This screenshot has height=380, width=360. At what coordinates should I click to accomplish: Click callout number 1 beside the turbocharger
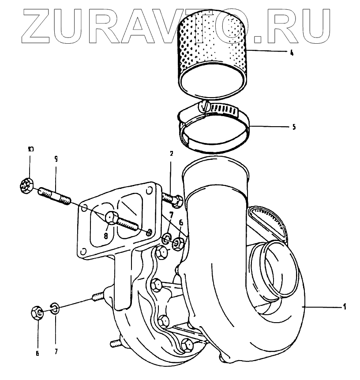(x=345, y=306)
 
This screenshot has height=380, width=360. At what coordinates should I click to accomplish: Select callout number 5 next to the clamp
(x=293, y=127)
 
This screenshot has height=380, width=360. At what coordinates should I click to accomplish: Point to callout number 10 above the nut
(x=30, y=150)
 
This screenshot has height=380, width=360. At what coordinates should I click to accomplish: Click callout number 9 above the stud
(x=56, y=158)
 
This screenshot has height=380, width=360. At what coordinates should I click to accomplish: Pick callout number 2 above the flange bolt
(x=171, y=154)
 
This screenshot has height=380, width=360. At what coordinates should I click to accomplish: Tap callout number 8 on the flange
(x=106, y=236)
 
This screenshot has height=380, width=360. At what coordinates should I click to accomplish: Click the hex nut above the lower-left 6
(x=38, y=313)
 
